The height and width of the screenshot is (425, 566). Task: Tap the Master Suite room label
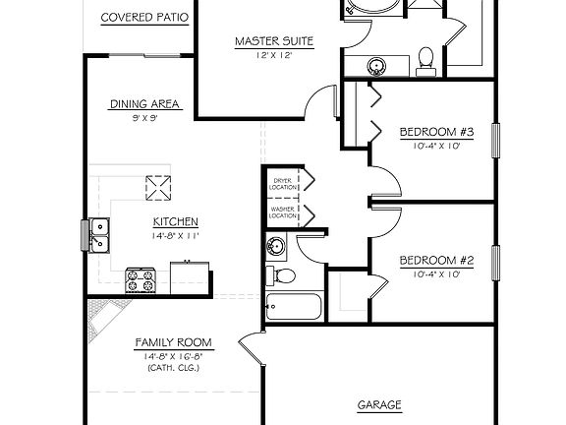274,41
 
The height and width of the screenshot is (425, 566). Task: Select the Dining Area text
142,104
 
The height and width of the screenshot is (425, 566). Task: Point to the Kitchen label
176,222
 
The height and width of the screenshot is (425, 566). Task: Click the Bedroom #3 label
436,132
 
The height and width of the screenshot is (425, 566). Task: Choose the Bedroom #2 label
436,261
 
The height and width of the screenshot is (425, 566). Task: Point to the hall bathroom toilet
283,276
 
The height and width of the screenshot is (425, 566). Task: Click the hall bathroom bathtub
294,308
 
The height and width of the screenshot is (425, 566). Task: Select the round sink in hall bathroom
276,246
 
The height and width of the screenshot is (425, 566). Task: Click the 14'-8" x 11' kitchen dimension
176,236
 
